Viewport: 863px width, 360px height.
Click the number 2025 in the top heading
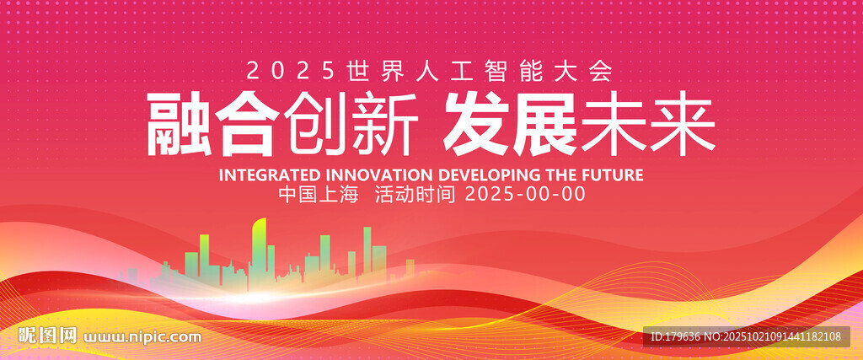pos(291,71)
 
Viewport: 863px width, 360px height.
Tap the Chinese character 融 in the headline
pos(179,125)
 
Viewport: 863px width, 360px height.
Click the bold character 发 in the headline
pos(477,125)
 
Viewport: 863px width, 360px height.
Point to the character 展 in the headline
pos(545,125)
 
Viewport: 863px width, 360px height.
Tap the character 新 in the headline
pos(384,125)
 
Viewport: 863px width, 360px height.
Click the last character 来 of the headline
pos(683,125)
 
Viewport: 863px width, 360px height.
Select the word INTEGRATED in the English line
pos(269,175)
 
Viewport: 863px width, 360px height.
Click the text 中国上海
pos(319,194)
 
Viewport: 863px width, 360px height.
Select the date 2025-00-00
pos(525,194)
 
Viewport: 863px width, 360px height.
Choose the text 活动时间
pos(415,194)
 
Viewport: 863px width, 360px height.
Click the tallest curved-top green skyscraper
pos(260,250)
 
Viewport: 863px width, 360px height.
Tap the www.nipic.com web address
pos(142,336)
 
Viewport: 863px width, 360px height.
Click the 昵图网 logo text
pos(47,336)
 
